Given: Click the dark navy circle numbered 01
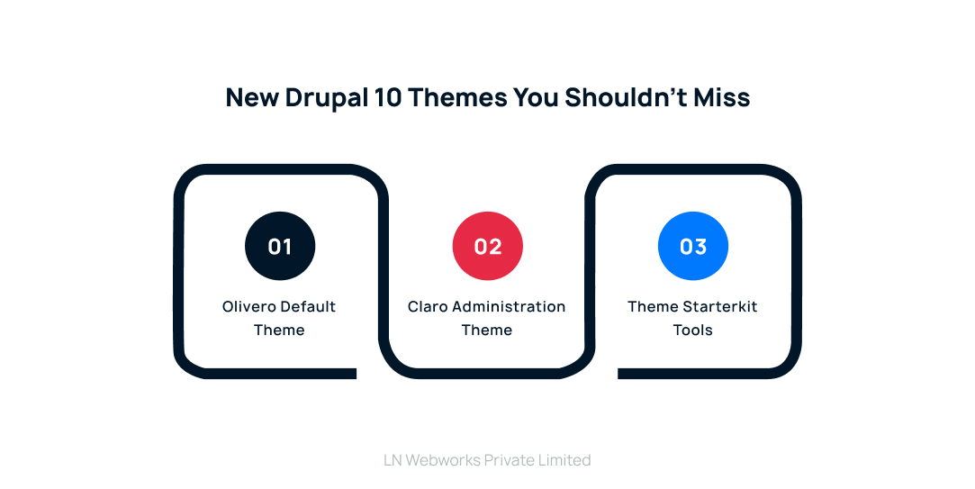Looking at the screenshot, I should (x=280, y=246).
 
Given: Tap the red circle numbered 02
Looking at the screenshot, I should (x=487, y=246).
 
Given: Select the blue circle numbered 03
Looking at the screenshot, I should (x=693, y=246).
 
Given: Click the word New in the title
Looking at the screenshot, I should (x=252, y=97).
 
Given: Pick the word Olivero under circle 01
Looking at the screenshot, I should (x=248, y=307).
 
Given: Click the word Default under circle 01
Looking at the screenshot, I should (x=308, y=307).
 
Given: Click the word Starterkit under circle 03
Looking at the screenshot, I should (x=720, y=307).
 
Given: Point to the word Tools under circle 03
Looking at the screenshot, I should (x=693, y=331).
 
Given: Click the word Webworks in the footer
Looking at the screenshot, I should (x=443, y=460).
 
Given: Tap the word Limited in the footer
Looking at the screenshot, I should (x=565, y=460).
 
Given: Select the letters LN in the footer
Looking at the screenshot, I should (x=393, y=460).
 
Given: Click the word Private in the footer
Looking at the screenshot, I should (x=510, y=460).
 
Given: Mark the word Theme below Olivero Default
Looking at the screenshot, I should (x=279, y=331).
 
